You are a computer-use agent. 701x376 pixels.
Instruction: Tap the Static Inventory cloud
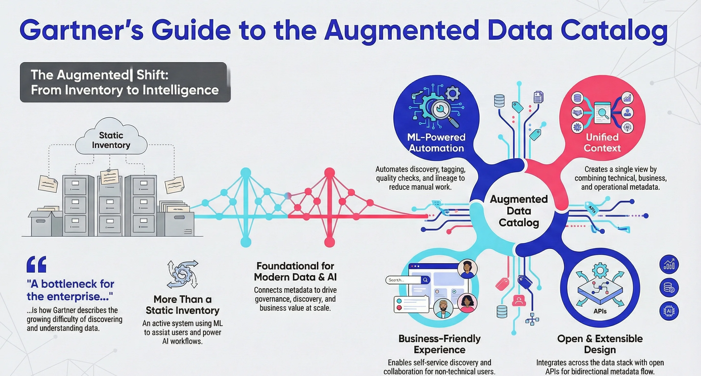(x=111, y=140)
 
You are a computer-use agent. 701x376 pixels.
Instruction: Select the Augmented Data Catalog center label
(x=519, y=211)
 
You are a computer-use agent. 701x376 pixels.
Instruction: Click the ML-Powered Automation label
(x=436, y=143)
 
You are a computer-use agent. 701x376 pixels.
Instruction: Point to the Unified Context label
(x=602, y=143)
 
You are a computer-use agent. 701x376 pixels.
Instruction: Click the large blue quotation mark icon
(x=37, y=264)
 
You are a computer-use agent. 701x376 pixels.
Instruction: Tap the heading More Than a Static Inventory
(x=182, y=305)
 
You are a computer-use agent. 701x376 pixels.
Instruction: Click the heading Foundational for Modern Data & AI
(x=295, y=271)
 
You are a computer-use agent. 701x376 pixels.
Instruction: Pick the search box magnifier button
(x=425, y=280)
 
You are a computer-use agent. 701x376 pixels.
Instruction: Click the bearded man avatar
(x=443, y=308)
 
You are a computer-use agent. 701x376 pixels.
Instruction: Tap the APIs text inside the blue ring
(x=600, y=311)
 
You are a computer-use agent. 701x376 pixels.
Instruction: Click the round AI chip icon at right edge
(x=669, y=311)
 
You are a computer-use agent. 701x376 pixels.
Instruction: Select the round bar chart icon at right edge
(x=669, y=264)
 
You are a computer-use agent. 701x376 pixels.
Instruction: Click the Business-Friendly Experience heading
(x=439, y=344)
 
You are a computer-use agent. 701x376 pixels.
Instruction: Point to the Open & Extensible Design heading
(x=600, y=344)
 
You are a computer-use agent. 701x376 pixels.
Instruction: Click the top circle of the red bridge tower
(x=329, y=172)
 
